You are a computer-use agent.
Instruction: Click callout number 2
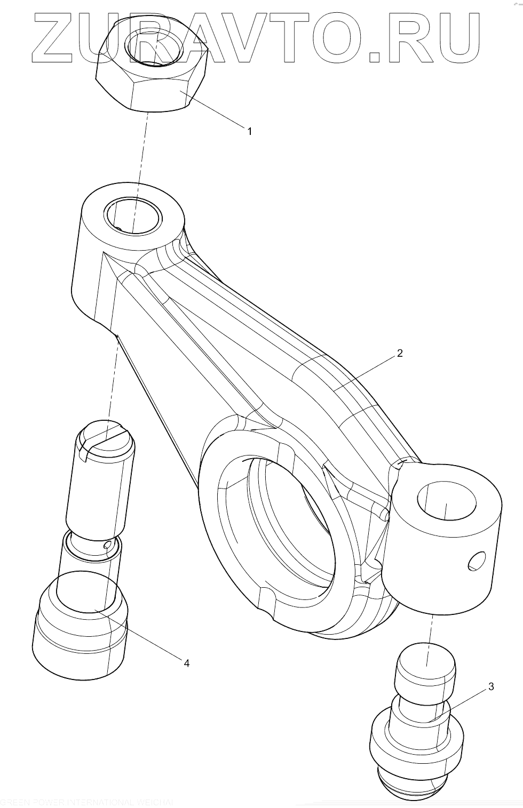click(x=400, y=353)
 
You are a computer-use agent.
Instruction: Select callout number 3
click(x=490, y=686)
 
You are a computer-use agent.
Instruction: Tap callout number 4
click(x=186, y=663)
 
